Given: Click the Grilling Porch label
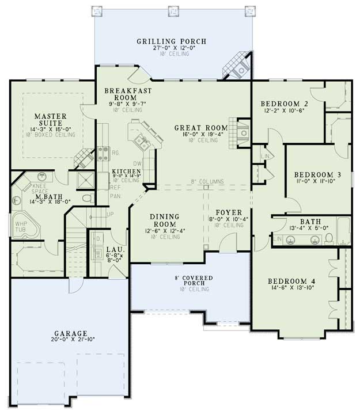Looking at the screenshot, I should [x=171, y=41].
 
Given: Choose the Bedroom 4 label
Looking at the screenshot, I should [x=291, y=281].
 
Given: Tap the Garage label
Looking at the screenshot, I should [x=68, y=333].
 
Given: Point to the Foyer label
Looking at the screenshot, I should [x=228, y=212].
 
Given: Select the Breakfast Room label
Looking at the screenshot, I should [x=128, y=94].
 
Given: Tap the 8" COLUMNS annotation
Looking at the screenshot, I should [x=207, y=182].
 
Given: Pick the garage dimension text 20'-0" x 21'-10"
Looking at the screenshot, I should [x=68, y=341].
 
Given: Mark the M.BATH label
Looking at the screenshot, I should [x=40, y=196].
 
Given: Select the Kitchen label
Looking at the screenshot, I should [x=126, y=172].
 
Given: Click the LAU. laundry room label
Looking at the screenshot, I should [x=113, y=250].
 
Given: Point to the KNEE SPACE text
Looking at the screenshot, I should [x=40, y=188].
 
